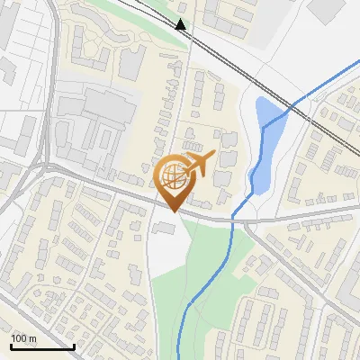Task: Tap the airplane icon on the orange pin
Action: pyautogui.click(x=197, y=165)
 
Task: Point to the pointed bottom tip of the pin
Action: pyautogui.click(x=175, y=211)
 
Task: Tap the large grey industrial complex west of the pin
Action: pyautogui.click(x=90, y=121)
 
